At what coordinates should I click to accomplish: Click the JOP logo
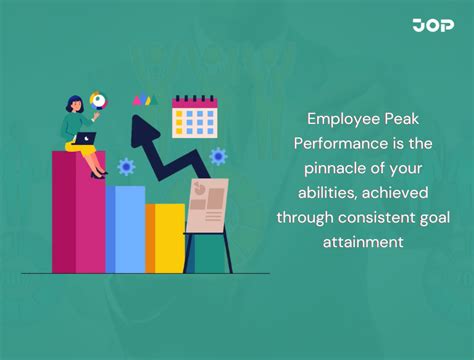[434, 25]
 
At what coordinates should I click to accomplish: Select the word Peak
[405, 121]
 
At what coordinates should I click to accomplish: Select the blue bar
[125, 229]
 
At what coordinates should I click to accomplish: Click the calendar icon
[194, 117]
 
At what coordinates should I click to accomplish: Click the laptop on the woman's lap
[84, 138]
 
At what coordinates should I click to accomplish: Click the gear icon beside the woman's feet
[126, 167]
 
